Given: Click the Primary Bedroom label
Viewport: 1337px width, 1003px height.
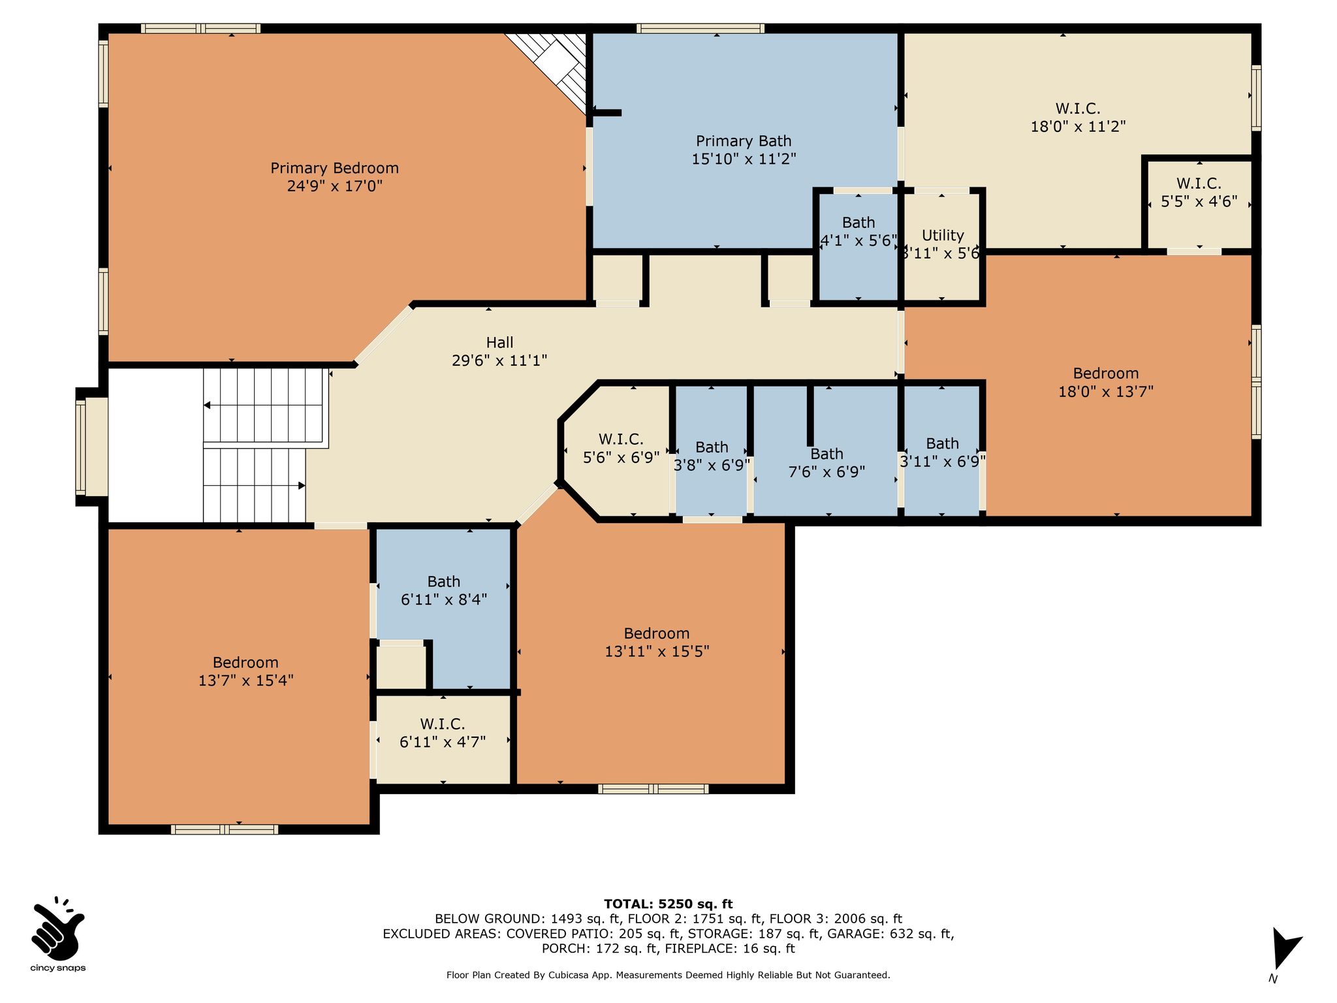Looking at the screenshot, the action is point(334,168).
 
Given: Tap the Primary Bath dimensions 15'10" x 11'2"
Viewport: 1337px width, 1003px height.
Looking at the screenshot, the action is point(744,158).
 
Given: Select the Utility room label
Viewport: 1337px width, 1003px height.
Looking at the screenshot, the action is point(943,235).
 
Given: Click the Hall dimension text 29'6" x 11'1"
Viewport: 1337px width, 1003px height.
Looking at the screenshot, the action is point(499,360).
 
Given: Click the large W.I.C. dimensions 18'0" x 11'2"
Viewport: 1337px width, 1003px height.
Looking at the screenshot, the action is point(1078,126).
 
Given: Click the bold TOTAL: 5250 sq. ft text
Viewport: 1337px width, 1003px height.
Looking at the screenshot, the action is point(668,904).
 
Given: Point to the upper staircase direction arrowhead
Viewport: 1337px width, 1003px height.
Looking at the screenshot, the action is point(207,406).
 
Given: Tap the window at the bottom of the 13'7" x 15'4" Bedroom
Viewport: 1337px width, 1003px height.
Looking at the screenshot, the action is point(225,829).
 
